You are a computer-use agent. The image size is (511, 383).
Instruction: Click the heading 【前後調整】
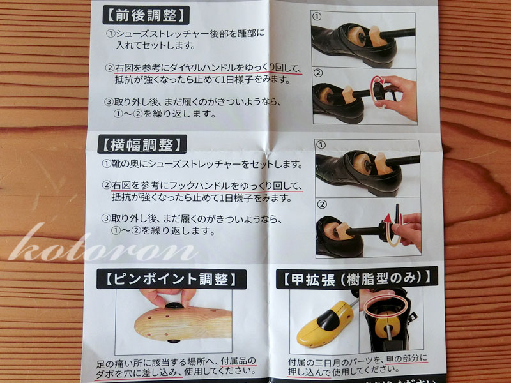(x=146, y=15)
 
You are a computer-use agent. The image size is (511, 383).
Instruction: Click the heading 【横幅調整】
(x=142, y=144)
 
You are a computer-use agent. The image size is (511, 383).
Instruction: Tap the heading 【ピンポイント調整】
(x=171, y=279)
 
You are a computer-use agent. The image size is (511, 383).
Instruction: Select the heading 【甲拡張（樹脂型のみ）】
(x=357, y=278)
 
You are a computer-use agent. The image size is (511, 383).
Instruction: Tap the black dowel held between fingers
(x=174, y=306)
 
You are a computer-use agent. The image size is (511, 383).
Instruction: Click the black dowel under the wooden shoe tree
(x=173, y=342)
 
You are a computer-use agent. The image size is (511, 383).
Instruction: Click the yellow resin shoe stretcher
(x=325, y=324)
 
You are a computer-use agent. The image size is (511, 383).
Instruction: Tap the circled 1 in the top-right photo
(x=317, y=17)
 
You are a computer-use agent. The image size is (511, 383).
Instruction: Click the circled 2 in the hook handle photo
(x=322, y=204)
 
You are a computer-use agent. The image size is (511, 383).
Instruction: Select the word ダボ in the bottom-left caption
(x=103, y=373)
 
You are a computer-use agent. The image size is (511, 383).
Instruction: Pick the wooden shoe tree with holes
(x=183, y=324)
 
